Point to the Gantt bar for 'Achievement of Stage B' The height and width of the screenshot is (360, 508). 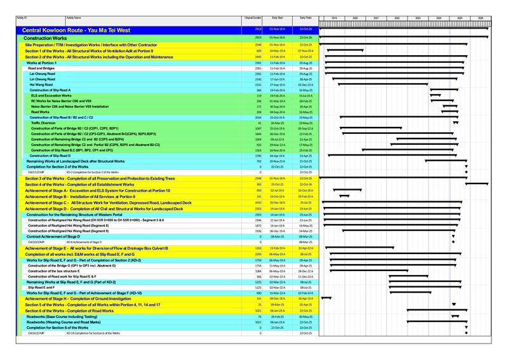click(344, 197)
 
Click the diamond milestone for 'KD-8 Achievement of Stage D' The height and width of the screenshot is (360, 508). click(453, 242)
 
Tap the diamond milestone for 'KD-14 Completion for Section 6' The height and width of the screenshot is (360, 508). click(466, 333)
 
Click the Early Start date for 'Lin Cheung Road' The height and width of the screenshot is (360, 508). click(277, 79)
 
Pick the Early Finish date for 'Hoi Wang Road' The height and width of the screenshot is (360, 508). click(306, 84)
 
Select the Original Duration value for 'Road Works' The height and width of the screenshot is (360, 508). click(258, 112)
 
